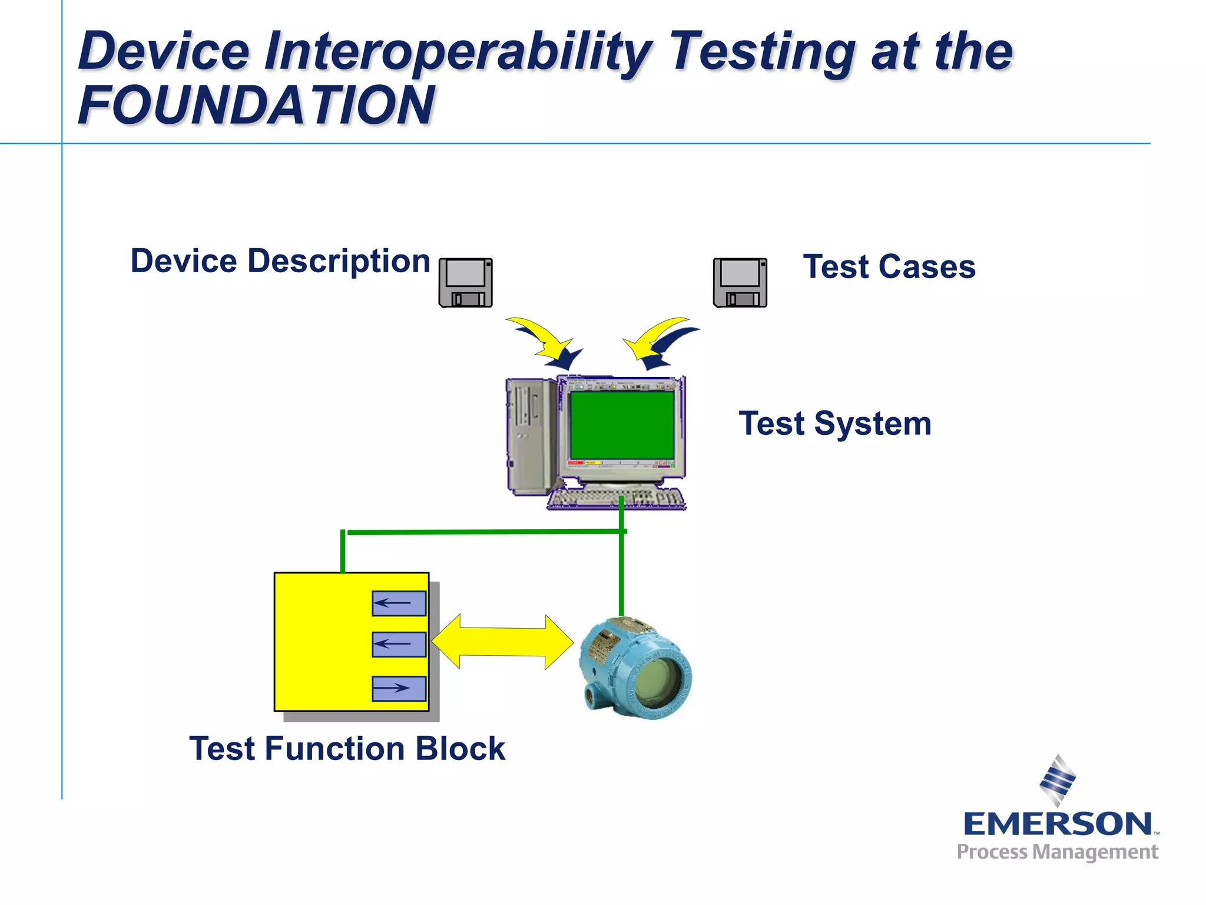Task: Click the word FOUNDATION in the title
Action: (x=256, y=106)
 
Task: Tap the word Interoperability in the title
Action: (x=456, y=52)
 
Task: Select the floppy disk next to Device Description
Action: (x=465, y=282)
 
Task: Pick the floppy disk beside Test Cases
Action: (x=740, y=282)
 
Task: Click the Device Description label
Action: (x=280, y=261)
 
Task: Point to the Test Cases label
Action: (x=889, y=267)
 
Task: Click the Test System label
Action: (x=834, y=424)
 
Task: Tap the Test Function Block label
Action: (x=347, y=749)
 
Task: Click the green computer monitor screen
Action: (x=622, y=425)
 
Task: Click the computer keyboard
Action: (x=615, y=500)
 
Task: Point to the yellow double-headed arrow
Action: (x=502, y=642)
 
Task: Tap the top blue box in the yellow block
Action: (x=399, y=603)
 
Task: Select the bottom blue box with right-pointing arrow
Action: (x=399, y=688)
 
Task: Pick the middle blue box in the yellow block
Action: (x=399, y=644)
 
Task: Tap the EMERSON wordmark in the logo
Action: (x=1057, y=824)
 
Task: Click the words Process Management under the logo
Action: (x=1057, y=852)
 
